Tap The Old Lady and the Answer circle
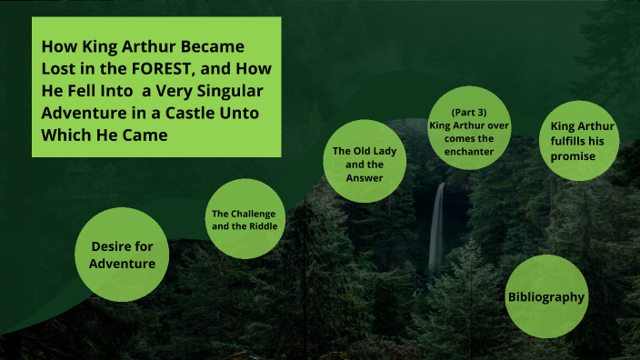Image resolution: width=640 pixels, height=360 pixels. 357,165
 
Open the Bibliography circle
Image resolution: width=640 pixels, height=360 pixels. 545,297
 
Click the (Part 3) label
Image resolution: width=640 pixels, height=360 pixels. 469,112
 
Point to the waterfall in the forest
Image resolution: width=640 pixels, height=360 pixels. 437,227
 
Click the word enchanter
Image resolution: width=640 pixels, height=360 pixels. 470,152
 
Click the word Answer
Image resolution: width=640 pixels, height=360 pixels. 357,178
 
